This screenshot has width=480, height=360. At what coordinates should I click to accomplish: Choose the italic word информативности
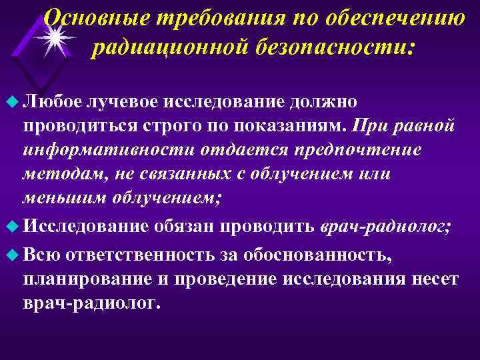coord(91,150)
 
